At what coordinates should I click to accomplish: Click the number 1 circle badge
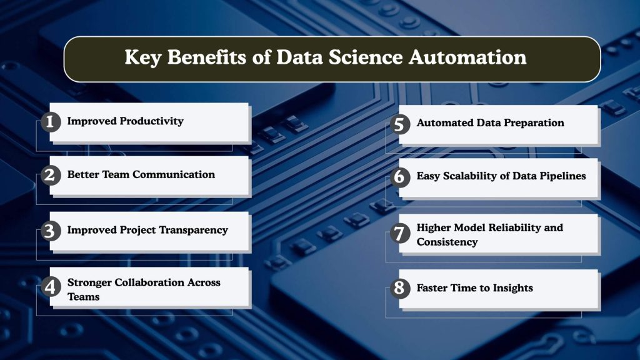[49, 121]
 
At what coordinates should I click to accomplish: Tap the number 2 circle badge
[49, 176]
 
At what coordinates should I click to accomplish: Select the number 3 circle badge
[49, 231]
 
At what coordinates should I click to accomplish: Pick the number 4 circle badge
[49, 288]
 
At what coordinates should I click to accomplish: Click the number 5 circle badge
[399, 124]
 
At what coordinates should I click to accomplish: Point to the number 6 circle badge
[399, 177]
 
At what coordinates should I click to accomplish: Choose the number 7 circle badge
[399, 234]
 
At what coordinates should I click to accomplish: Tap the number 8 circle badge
[399, 288]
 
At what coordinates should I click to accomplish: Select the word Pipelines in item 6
[557, 176]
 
